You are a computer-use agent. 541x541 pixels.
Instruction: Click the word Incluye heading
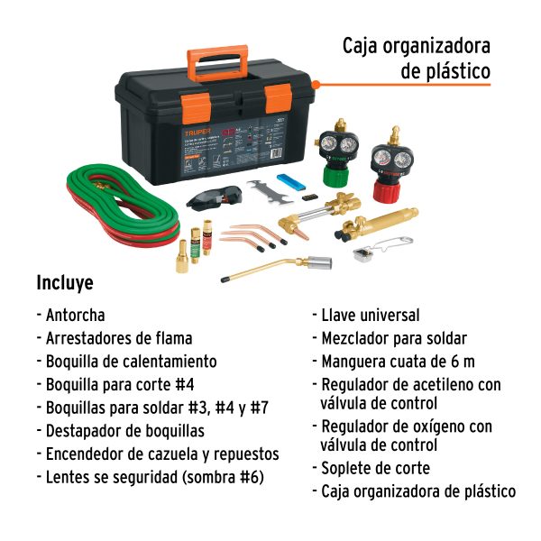(64, 282)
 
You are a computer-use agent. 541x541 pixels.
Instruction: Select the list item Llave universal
(370, 315)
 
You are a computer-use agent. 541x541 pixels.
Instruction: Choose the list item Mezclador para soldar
(393, 338)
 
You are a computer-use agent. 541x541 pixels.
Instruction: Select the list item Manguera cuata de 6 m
(398, 362)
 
